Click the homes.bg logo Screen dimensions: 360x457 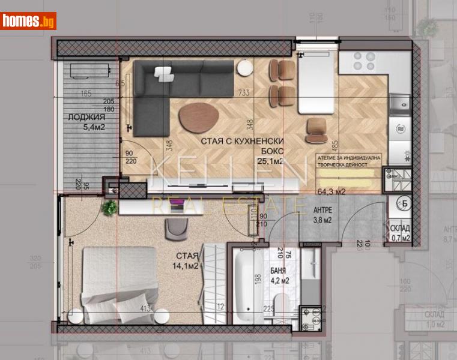pyautogui.click(x=28, y=20)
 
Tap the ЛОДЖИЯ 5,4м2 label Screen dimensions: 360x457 pyautogui.click(x=85, y=122)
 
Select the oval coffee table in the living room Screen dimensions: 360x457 pyautogui.click(x=200, y=115)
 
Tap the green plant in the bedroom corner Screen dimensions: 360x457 pyautogui.click(x=109, y=208)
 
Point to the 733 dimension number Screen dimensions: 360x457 pyautogui.click(x=243, y=92)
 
